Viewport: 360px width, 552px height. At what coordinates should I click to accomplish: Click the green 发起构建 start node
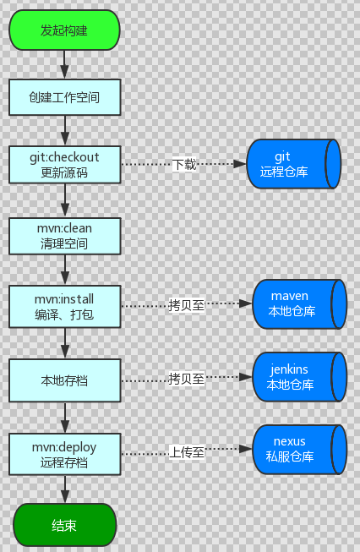point(64,30)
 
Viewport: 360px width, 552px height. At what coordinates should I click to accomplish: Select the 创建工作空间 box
point(64,97)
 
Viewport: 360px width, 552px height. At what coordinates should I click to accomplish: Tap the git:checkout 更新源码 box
point(64,164)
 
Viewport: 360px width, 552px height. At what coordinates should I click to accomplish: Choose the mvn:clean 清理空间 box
point(64,236)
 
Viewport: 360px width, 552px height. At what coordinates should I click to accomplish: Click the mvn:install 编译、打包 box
point(64,306)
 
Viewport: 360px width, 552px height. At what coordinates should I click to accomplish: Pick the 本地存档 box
point(64,380)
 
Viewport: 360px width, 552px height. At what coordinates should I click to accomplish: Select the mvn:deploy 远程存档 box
point(64,452)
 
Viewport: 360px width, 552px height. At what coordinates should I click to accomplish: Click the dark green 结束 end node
point(64,525)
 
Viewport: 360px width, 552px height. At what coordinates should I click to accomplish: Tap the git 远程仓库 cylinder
point(293,164)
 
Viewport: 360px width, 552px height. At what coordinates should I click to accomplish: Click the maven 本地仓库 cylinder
point(300,304)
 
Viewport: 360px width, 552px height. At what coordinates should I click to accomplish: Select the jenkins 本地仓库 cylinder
point(300,377)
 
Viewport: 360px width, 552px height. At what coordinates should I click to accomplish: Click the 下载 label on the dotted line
point(184,164)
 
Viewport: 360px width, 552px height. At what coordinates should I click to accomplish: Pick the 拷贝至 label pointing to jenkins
point(186,379)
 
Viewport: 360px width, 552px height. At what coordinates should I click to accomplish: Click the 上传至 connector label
point(186,451)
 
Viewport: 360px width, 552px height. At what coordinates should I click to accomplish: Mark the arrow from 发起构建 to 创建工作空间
point(64,63)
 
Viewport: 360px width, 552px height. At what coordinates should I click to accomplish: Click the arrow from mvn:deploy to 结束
point(64,488)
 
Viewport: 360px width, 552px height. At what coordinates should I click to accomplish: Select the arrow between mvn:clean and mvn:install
point(64,270)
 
